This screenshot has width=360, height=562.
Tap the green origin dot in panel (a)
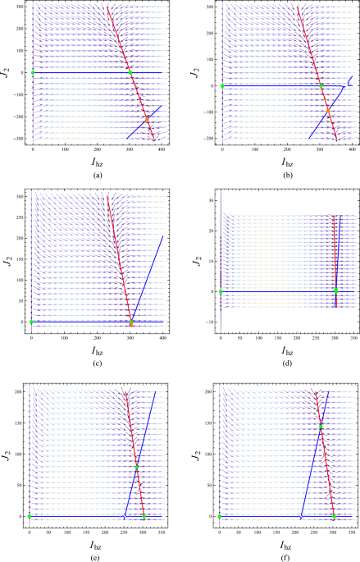coord(33,73)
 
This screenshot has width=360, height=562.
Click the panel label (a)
coord(98,175)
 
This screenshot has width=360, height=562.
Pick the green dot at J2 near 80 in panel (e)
coord(137,468)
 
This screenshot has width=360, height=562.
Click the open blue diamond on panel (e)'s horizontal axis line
coord(125,516)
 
